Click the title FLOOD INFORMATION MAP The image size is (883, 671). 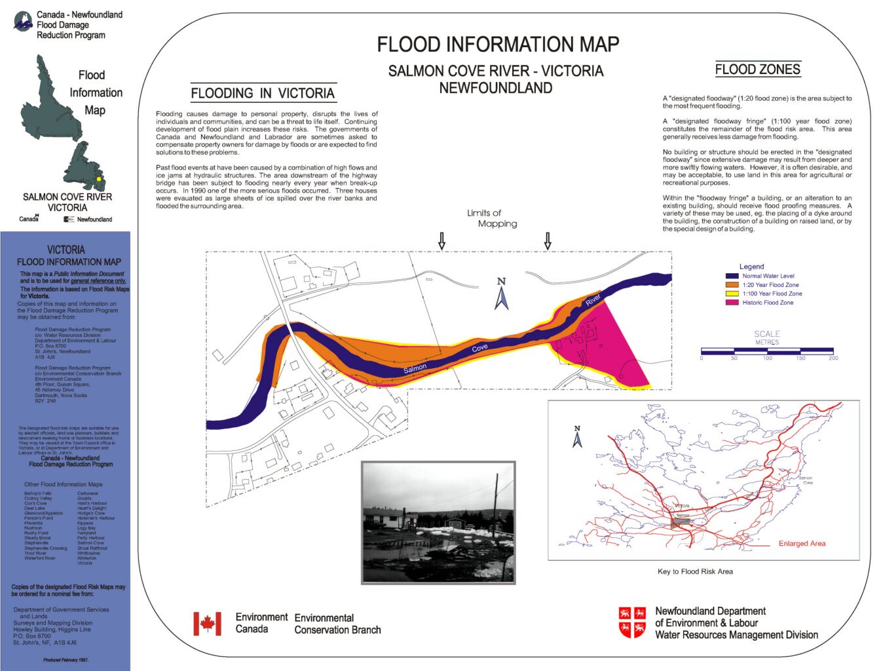498,45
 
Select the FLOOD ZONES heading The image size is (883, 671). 757,69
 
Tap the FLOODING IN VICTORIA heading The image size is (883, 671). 263,93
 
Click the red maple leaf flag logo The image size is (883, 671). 207,623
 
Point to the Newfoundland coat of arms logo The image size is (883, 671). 633,623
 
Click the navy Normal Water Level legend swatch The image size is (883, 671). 732,276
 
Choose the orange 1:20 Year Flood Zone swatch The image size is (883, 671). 732,285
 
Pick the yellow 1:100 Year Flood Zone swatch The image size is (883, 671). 732,294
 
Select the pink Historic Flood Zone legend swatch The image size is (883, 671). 732,303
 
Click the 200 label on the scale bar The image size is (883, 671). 833,358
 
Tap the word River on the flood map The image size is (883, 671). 593,300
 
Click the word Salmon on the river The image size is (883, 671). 415,369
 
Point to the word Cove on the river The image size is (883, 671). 479,348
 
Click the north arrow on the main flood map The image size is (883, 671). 502,294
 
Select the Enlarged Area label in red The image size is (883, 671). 802,543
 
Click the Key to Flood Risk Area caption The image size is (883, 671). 695,571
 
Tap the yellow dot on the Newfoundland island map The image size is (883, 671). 99,179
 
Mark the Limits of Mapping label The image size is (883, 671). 490,218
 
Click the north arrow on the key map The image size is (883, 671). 577,437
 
